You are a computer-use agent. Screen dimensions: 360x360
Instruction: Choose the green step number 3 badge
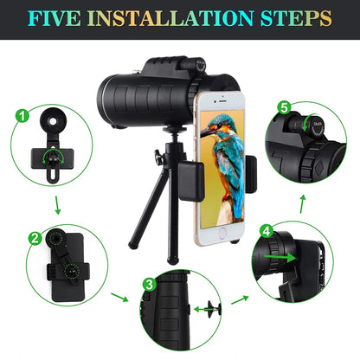149,282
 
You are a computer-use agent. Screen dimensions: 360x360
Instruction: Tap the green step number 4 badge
267,232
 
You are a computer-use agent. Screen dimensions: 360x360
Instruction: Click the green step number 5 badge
283,108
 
